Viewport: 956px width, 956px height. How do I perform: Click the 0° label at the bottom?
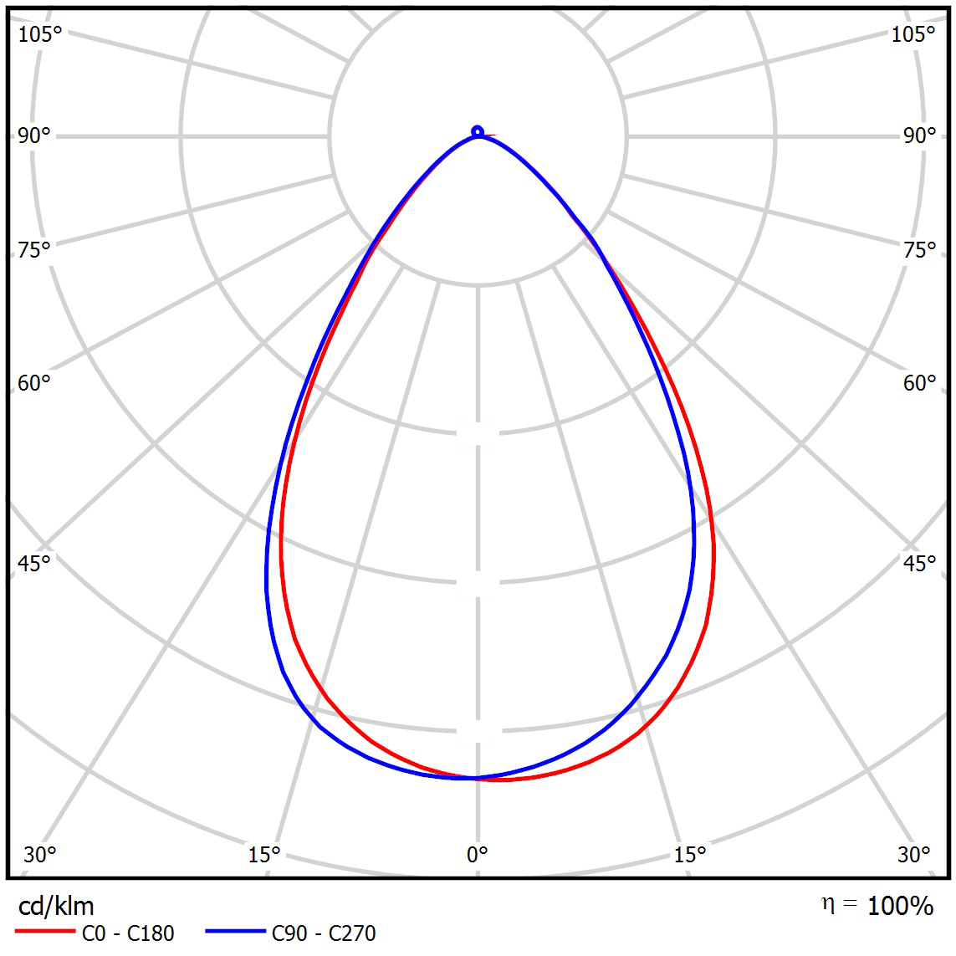tap(477, 854)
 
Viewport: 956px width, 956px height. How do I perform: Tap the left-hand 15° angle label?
tap(263, 854)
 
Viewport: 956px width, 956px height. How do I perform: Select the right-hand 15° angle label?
tap(689, 854)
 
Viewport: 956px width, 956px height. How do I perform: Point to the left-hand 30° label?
tap(39, 854)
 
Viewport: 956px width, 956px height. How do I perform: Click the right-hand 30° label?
tap(913, 854)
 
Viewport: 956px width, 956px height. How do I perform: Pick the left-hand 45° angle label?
tap(33, 563)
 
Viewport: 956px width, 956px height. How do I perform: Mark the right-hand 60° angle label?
tap(919, 383)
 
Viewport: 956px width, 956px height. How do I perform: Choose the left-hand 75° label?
tap(33, 250)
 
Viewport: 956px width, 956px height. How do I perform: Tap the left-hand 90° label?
tap(33, 135)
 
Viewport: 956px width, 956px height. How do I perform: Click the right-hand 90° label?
tap(919, 135)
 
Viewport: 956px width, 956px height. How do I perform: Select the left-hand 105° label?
tap(40, 34)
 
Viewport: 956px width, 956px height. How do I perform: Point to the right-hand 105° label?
tap(913, 34)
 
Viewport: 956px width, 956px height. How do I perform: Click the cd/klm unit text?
tap(56, 906)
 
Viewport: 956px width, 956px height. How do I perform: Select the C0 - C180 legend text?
tap(128, 933)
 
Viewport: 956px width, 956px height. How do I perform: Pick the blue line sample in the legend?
tap(236, 931)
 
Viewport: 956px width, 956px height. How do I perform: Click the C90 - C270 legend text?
tap(324, 933)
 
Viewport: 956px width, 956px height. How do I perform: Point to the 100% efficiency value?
tap(900, 906)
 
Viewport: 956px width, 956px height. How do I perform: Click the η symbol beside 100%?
tap(828, 905)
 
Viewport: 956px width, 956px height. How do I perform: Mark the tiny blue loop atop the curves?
tap(478, 130)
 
